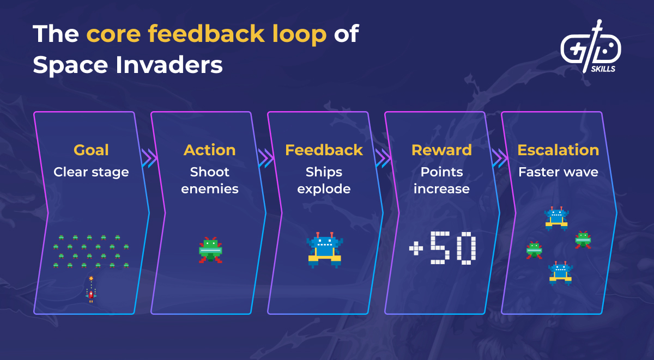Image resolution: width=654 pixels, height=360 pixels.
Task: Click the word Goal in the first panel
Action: tap(91, 150)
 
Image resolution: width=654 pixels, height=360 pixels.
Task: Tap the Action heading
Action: tap(210, 150)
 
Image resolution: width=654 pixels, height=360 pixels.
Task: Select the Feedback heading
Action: tap(324, 150)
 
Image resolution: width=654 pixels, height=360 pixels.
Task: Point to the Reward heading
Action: tap(441, 150)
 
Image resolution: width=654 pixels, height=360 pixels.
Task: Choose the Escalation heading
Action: tap(558, 150)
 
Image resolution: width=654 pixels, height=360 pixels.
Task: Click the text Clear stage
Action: tap(91, 172)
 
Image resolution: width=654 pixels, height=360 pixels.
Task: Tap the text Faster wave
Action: tap(558, 172)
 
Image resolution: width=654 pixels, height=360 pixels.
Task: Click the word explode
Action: tap(324, 189)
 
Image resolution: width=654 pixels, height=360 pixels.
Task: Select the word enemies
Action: tap(210, 189)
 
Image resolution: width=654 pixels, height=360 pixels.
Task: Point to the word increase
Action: tap(441, 189)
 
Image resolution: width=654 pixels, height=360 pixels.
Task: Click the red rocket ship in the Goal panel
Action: tap(91, 294)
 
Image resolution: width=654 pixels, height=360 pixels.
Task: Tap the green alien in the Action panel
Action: tap(210, 250)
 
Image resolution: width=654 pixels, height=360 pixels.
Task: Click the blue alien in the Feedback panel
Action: tap(325, 250)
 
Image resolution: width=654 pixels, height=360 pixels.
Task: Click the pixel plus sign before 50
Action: tap(416, 248)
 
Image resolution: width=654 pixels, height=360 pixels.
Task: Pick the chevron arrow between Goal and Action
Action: tap(149, 158)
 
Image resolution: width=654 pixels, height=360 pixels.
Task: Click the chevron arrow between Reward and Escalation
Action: tap(500, 158)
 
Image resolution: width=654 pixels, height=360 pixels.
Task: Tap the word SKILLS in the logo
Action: tap(603, 69)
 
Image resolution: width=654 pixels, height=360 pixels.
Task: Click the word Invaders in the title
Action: tap(169, 65)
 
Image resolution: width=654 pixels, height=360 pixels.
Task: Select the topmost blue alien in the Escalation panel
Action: tap(556, 218)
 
